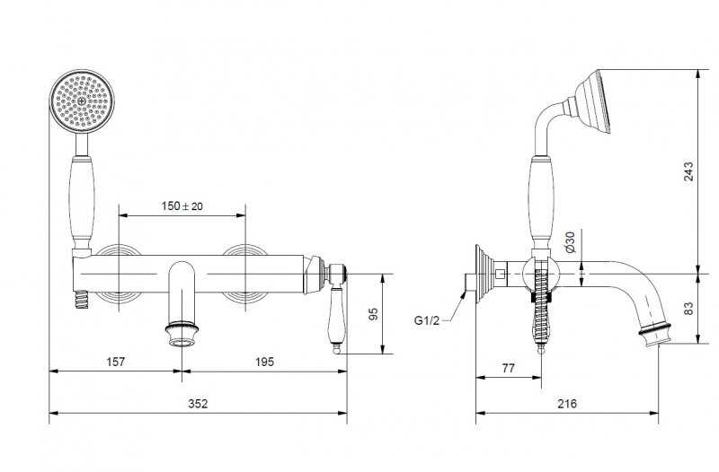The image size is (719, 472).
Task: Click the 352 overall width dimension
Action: point(198,403)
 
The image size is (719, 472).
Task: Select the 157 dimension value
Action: point(116,362)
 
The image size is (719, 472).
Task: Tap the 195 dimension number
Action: point(264,362)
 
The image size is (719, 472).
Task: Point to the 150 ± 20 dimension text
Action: point(182,206)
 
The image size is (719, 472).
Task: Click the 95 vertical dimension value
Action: point(374,314)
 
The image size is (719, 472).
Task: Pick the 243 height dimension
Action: point(688,171)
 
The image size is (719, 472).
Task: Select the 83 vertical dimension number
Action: point(688,308)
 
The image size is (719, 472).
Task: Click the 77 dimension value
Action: point(508,368)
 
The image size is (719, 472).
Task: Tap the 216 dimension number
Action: point(567,403)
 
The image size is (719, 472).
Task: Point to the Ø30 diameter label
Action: point(570,241)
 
